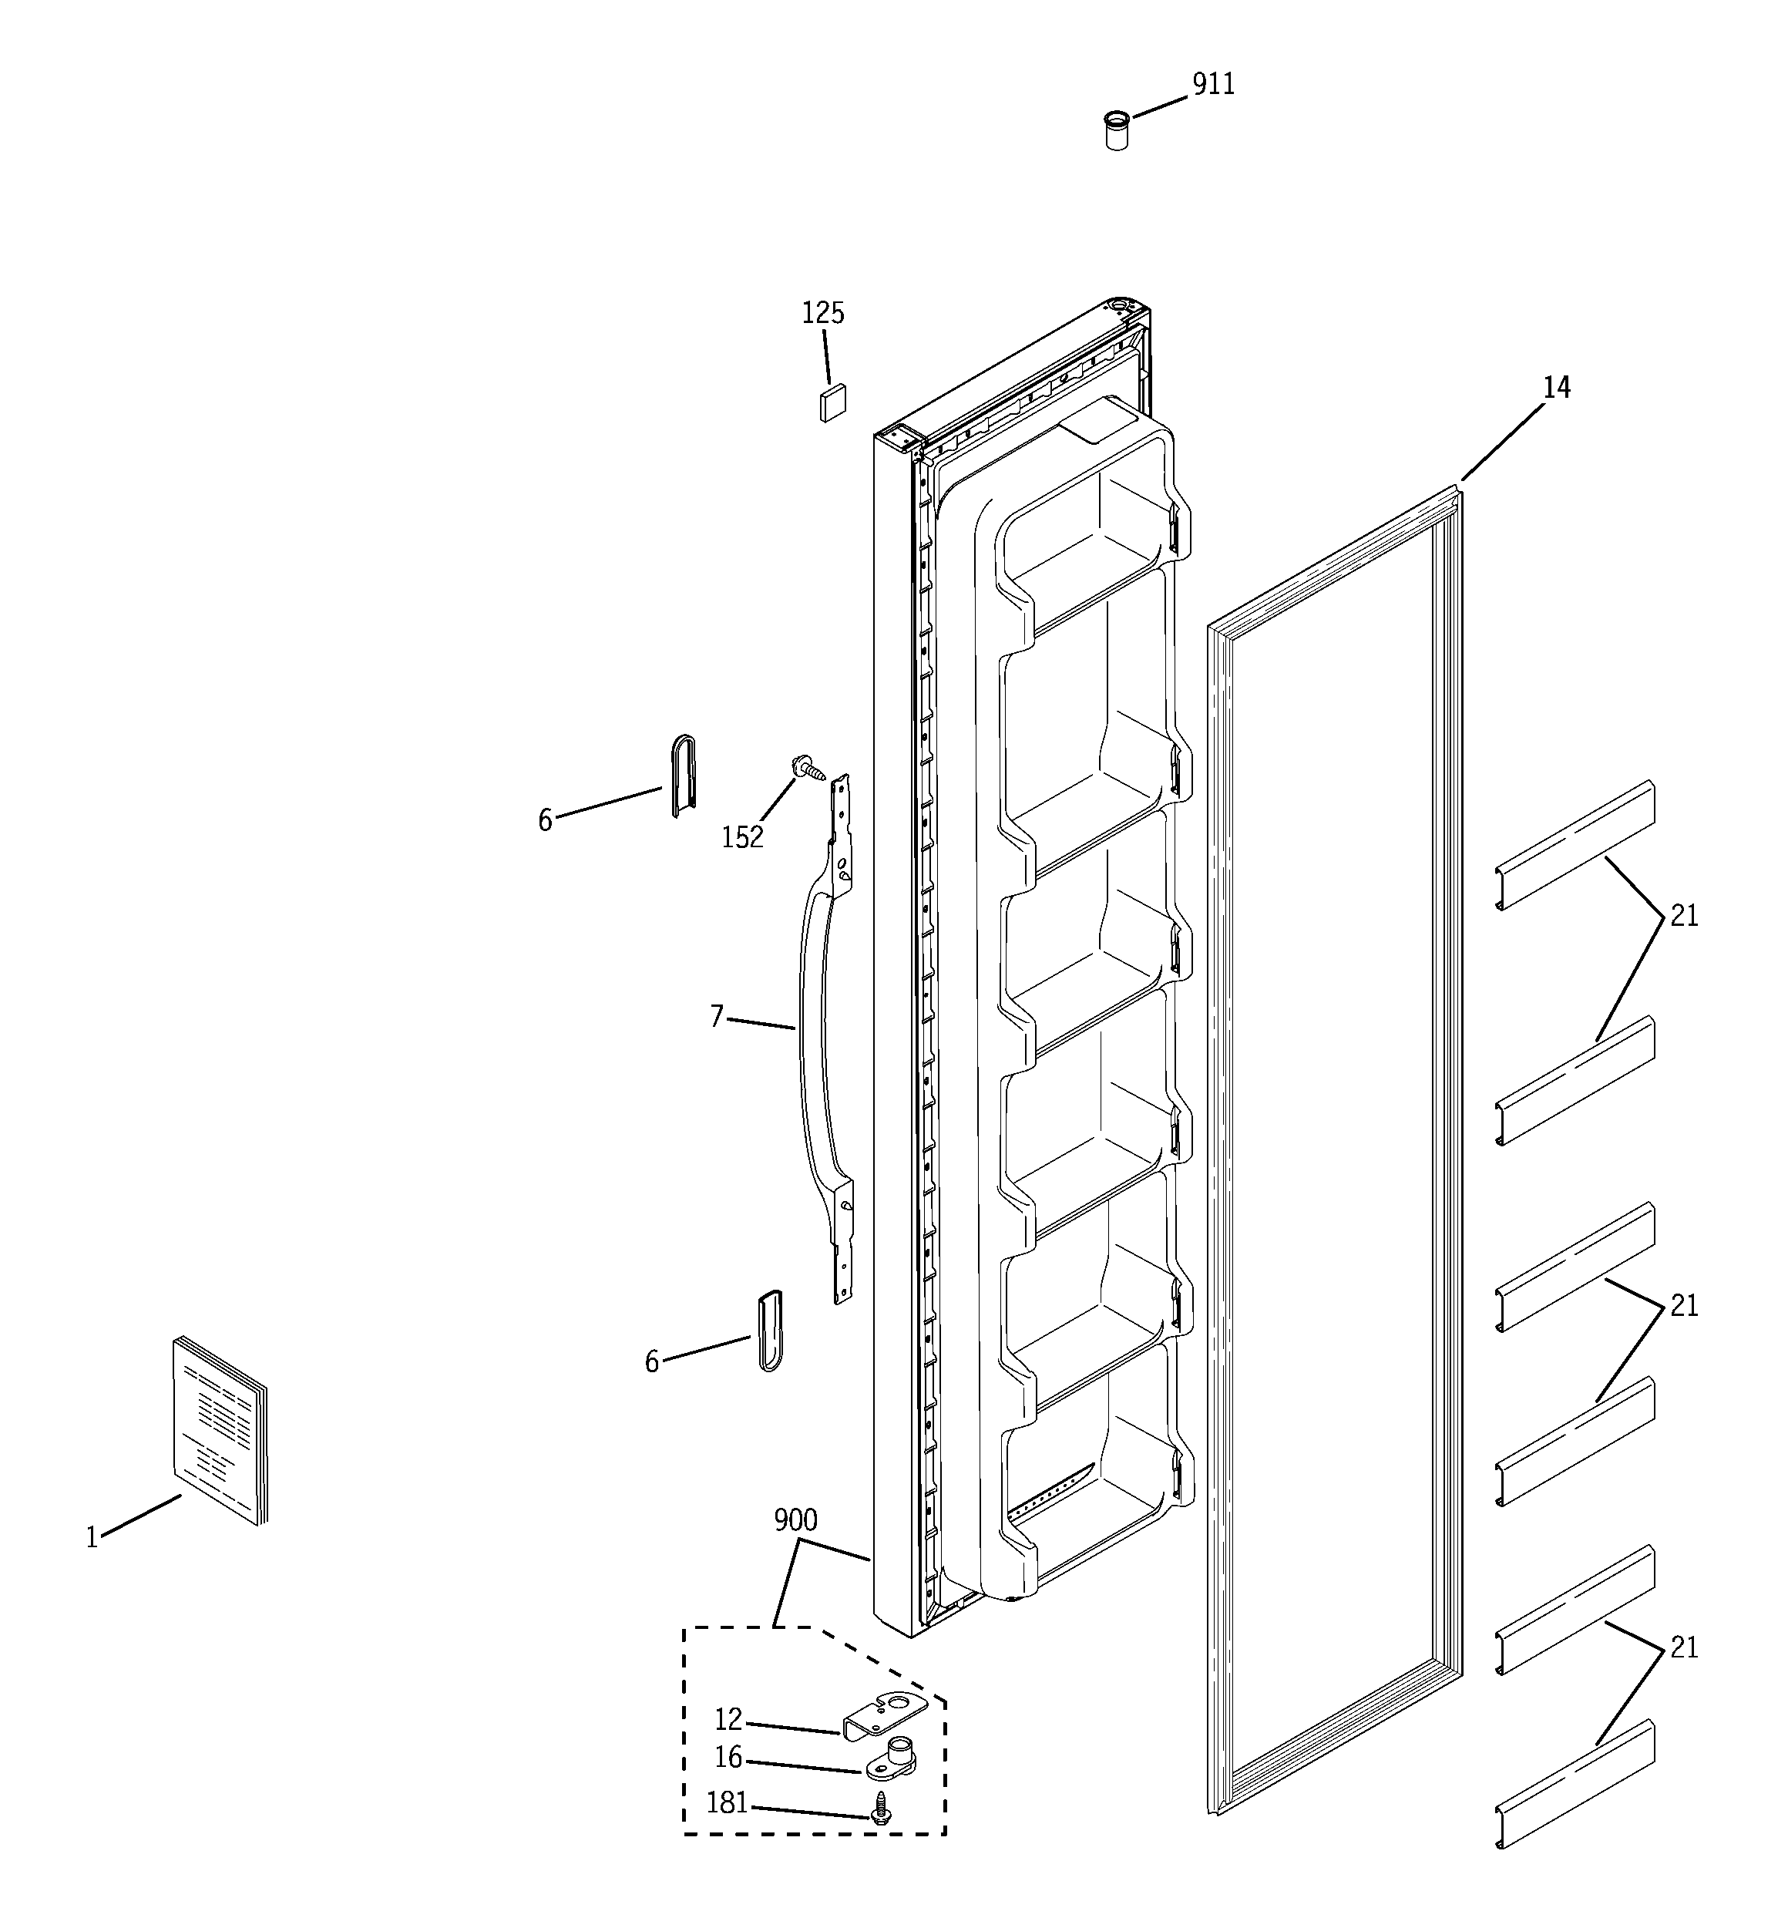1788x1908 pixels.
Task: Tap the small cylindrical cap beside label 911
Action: pyautogui.click(x=1115, y=132)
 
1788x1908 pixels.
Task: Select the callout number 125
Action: pyautogui.click(x=822, y=314)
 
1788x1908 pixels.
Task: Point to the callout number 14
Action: pyautogui.click(x=1556, y=388)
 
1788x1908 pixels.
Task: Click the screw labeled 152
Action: pyautogui.click(x=805, y=767)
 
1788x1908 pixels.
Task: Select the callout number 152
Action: pyautogui.click(x=742, y=838)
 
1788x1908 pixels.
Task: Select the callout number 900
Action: pyautogui.click(x=795, y=1520)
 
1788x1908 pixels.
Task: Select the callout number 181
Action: pyautogui.click(x=727, y=1805)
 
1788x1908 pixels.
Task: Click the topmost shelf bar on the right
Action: pyautogui.click(x=1574, y=845)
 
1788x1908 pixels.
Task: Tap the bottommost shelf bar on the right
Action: pyautogui.click(x=1574, y=1783)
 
